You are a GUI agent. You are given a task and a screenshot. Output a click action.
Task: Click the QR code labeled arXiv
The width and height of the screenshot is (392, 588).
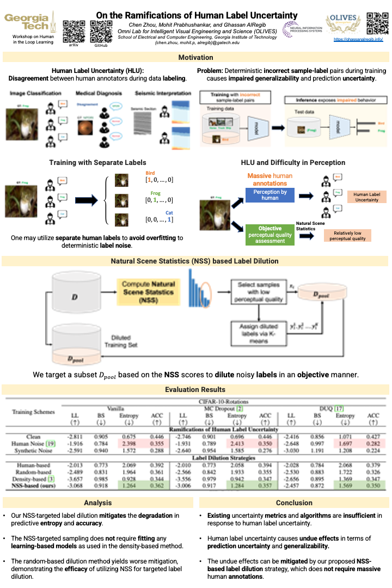(73, 30)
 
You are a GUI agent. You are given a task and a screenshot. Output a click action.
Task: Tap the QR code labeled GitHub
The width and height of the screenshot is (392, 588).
(100, 30)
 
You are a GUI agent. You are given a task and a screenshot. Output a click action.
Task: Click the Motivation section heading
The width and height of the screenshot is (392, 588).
(196, 58)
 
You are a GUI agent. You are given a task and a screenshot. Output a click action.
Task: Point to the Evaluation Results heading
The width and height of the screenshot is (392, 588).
(196, 389)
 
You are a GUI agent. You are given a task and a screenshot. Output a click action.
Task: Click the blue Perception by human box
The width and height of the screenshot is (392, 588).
(271, 195)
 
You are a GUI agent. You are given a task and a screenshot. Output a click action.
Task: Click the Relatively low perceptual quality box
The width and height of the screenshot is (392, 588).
(347, 235)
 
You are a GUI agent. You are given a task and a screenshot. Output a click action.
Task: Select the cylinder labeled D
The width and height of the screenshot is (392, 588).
(75, 298)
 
